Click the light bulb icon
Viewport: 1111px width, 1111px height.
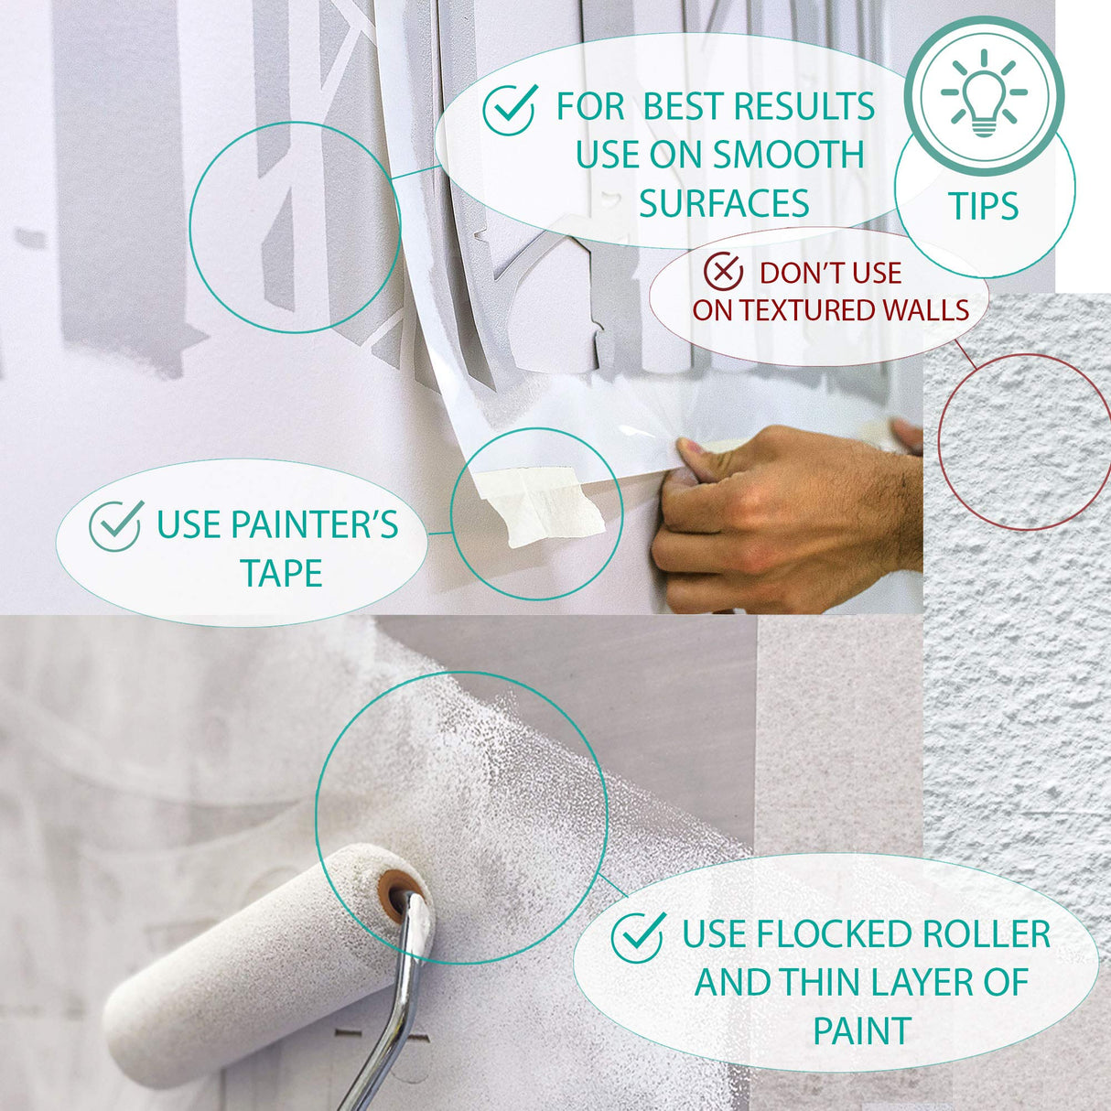click(x=984, y=93)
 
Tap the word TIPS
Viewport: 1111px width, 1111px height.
click(x=984, y=206)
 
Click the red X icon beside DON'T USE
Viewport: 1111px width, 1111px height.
click(x=723, y=271)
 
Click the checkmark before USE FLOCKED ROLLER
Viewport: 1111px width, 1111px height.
click(x=638, y=938)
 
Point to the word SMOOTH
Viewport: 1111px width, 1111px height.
click(x=789, y=155)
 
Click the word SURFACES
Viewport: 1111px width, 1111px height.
click(x=724, y=203)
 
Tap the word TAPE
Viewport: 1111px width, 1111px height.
click(x=282, y=574)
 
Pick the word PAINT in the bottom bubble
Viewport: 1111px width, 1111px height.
click(x=862, y=1030)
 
